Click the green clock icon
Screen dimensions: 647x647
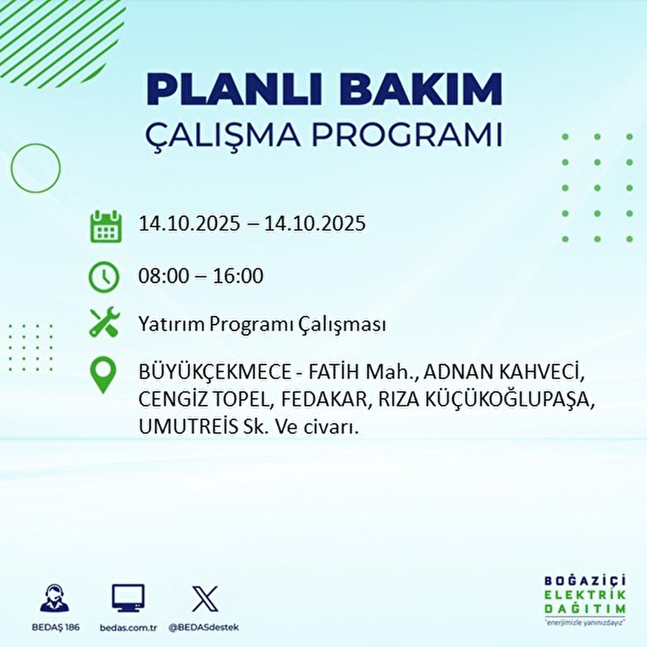104,277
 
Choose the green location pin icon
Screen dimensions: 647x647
104,376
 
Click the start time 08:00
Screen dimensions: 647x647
164,276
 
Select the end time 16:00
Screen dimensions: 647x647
238,276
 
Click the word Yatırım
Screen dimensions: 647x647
171,325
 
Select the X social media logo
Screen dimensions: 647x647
205,598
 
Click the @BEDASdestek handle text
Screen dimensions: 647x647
203,628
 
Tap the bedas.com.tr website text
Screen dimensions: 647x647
128,628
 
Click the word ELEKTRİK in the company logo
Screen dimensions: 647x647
585,595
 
